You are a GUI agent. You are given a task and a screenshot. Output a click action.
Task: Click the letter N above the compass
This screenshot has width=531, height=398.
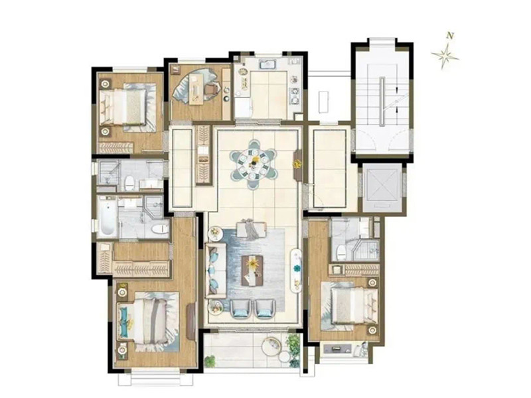450,35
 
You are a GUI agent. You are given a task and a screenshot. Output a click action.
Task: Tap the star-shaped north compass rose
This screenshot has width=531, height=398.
445,55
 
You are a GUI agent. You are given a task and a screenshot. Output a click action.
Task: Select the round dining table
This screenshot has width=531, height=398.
254,165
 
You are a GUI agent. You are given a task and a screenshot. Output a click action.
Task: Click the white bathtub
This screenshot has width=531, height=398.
106,216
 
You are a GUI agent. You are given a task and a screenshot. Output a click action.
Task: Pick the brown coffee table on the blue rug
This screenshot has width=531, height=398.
252,269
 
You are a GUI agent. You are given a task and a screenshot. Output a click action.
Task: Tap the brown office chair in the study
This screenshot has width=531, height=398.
212,89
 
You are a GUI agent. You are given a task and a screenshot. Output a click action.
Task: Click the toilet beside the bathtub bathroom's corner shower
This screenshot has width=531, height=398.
160,229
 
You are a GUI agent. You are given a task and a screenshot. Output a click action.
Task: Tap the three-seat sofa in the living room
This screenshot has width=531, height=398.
214,270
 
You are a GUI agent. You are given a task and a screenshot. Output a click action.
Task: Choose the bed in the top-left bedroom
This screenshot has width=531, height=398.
127,105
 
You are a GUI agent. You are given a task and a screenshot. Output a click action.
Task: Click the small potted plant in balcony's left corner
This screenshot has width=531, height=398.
210,361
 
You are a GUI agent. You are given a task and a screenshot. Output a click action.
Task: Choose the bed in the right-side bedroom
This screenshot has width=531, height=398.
350,306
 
